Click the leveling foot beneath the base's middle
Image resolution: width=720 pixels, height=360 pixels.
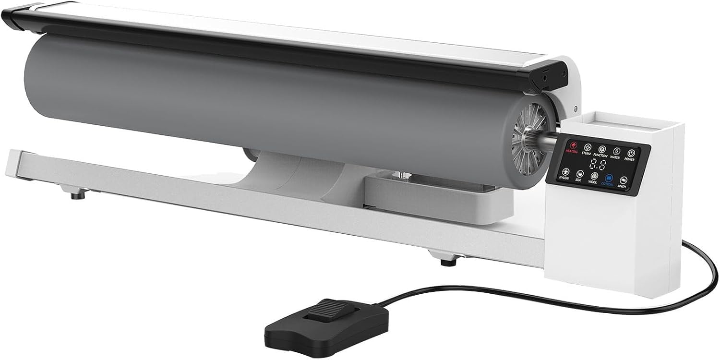tap(449, 261)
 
